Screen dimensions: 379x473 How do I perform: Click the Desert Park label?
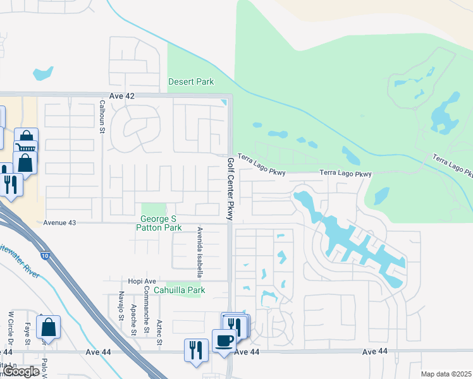191,81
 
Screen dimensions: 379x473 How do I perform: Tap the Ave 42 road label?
122,95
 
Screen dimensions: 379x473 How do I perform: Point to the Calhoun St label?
101,115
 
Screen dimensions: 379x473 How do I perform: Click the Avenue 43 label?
59,223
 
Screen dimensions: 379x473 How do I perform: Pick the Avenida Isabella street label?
200,253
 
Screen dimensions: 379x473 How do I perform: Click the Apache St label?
133,319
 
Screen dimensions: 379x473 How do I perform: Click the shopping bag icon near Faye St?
48,327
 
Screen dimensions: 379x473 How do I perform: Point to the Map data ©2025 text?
446,374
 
